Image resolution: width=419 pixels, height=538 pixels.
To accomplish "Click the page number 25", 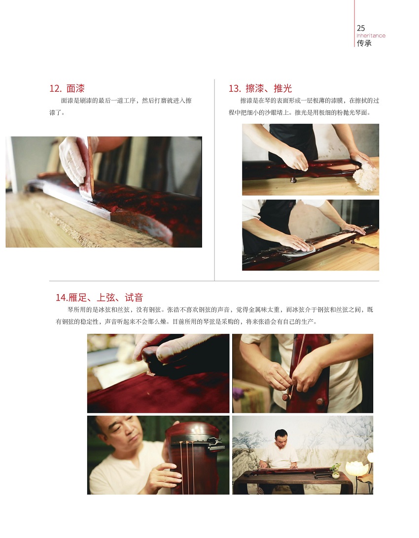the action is tap(361, 28).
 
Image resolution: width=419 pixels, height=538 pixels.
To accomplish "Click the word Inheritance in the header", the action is tap(371, 35).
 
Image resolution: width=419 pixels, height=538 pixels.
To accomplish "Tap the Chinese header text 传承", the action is tap(364, 43).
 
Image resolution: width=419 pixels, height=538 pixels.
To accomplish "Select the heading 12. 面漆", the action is tap(67, 89).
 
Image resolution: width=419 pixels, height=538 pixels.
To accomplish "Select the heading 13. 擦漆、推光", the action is tap(260, 89).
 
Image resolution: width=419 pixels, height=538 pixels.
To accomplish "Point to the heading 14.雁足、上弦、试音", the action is tap(99, 298).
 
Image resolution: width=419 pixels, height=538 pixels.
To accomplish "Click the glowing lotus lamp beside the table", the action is tap(356, 469).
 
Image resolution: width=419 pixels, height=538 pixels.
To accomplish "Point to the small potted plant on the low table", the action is tap(335, 471).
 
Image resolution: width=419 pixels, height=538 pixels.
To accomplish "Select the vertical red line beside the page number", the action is tap(354, 23).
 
